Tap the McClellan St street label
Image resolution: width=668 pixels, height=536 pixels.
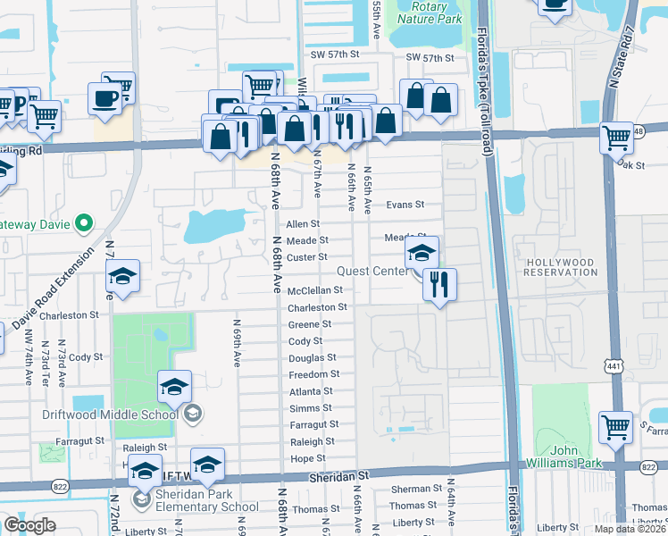coord(315,290)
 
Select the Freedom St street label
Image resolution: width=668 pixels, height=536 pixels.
coord(313,374)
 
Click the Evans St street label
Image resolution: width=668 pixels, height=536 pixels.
coord(405,205)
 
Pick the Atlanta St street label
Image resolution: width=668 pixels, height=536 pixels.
coord(311,391)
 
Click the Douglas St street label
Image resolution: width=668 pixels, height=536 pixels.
coord(312,357)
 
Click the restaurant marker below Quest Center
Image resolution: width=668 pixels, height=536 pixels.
coord(439,286)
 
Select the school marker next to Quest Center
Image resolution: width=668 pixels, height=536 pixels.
coord(422,253)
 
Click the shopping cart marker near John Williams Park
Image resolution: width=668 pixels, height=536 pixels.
coord(616,429)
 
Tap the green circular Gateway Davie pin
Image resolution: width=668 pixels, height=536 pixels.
coord(84,222)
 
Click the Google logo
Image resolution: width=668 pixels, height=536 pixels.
coord(29,526)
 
